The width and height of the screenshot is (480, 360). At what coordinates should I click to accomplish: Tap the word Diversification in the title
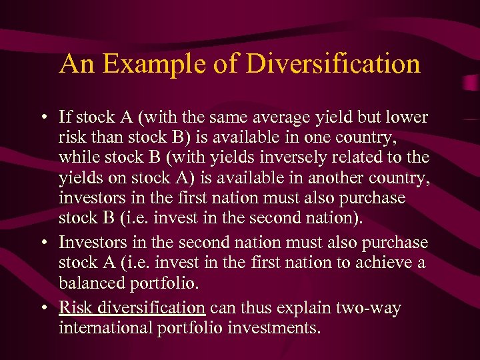[x=333, y=64]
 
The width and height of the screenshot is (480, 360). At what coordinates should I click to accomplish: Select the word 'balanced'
[x=86, y=283]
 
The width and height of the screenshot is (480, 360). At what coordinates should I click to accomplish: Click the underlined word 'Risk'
[x=73, y=307]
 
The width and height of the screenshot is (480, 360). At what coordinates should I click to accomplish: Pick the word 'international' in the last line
[x=103, y=328]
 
